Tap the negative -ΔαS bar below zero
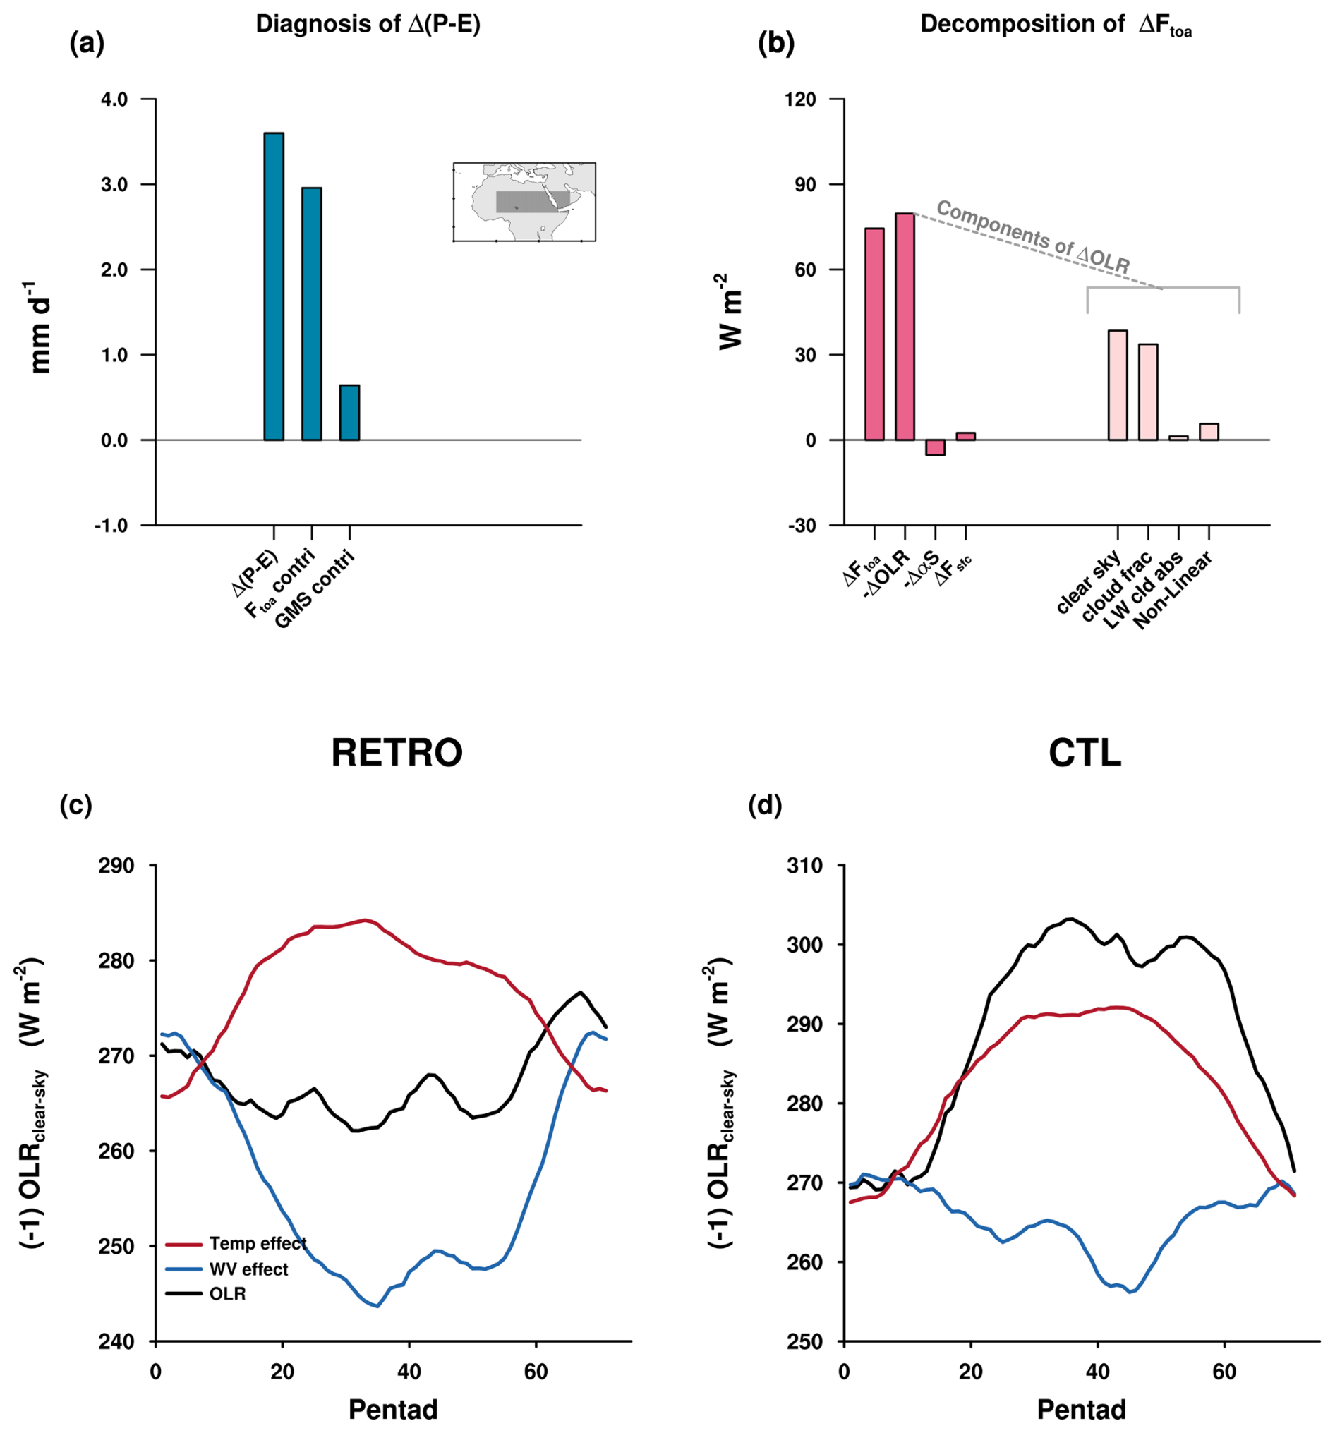click(x=935, y=447)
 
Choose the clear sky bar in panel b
click(x=1117, y=385)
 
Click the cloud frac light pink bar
click(x=1147, y=392)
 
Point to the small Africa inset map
click(x=524, y=202)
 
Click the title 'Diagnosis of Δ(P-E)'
click(x=368, y=25)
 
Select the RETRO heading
click(x=397, y=754)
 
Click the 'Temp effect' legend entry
click(x=258, y=1243)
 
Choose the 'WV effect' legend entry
click(x=248, y=1269)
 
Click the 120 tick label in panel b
click(x=801, y=99)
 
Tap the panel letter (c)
click(x=75, y=805)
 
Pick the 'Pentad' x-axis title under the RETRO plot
click(x=393, y=1408)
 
